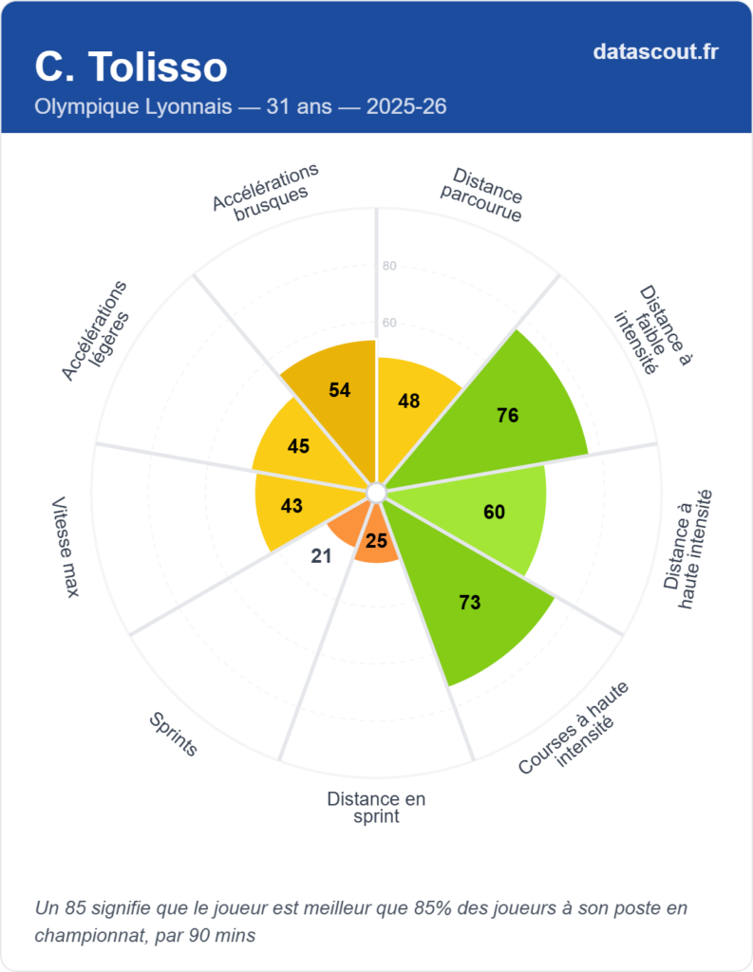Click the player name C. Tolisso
(x=131, y=67)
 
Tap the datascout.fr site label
(x=655, y=51)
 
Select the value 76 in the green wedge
(x=508, y=415)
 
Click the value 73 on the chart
(x=469, y=602)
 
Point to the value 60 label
(x=494, y=513)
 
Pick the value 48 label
(x=409, y=401)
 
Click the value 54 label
(x=340, y=389)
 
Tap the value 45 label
(x=298, y=445)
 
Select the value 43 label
(x=292, y=506)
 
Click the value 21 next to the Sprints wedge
(x=322, y=555)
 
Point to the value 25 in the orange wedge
(x=376, y=541)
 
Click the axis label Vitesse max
(x=66, y=547)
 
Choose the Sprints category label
(x=173, y=735)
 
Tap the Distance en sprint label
(x=376, y=807)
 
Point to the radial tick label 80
(x=389, y=266)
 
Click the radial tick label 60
(x=389, y=323)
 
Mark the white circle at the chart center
(x=376, y=492)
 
